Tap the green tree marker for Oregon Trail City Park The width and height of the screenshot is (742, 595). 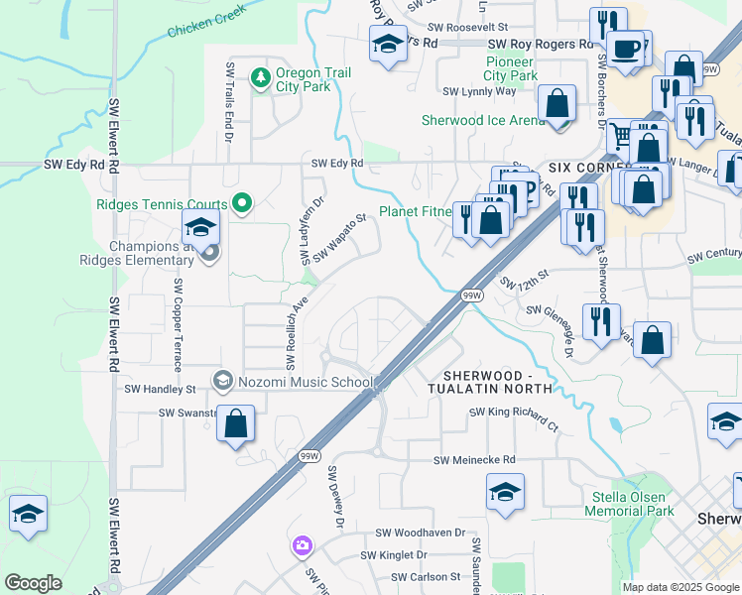[x=260, y=76]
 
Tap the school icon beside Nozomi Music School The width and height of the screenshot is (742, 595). [x=223, y=381]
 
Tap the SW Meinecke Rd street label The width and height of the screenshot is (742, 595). [x=474, y=460]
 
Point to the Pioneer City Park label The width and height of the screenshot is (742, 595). [x=511, y=68]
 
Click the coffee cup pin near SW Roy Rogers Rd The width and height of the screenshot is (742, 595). [x=624, y=49]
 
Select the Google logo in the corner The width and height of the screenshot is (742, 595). [x=33, y=583]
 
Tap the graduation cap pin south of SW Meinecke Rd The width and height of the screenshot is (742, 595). [x=505, y=492]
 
